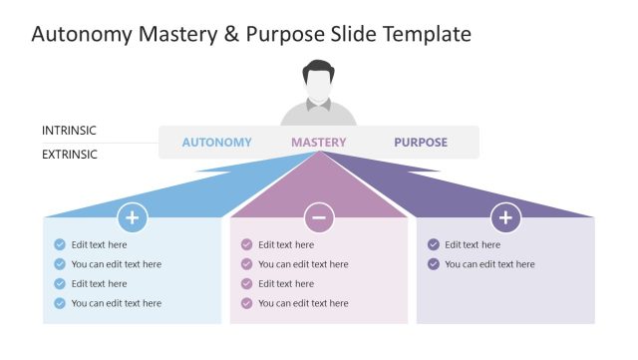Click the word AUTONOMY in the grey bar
[x=216, y=142]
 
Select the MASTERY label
[x=319, y=142]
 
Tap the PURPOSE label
[x=421, y=142]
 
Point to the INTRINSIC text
[x=70, y=131]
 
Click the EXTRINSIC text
[x=70, y=155]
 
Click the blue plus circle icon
[x=133, y=217]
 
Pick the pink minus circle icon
[x=319, y=217]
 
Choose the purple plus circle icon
[x=505, y=217]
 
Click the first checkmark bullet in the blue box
[x=60, y=244]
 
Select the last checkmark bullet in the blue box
[x=60, y=303]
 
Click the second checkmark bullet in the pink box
[x=246, y=264]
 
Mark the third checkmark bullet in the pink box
[x=246, y=283]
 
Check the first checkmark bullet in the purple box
[x=433, y=244]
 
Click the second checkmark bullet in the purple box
[x=433, y=264]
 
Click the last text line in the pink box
[x=303, y=303]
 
